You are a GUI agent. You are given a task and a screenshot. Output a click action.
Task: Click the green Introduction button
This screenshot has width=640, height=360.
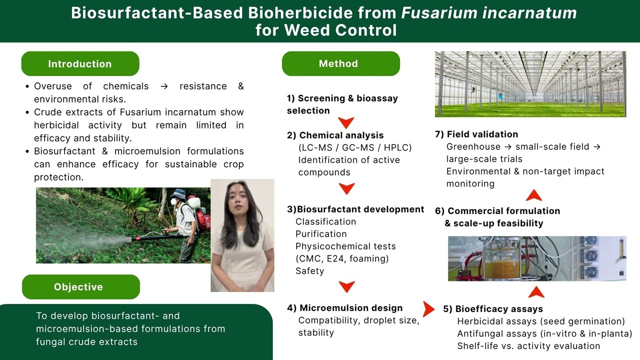point(80,64)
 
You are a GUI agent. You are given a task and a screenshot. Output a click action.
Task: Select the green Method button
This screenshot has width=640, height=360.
point(340,64)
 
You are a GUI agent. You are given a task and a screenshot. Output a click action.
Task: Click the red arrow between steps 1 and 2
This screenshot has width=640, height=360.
point(346,122)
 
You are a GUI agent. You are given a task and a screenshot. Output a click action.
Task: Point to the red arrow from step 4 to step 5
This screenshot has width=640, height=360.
point(428,309)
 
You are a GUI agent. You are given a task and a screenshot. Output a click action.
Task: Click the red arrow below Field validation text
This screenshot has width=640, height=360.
point(534,195)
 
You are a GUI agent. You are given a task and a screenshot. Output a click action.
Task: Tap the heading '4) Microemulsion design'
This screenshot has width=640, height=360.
point(344,308)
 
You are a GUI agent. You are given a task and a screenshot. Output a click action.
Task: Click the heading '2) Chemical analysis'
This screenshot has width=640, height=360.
point(335,135)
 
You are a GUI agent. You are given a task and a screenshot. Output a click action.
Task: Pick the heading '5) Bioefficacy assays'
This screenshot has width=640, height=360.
point(492,309)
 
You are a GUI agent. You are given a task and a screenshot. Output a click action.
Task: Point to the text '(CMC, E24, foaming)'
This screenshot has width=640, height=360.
point(342,258)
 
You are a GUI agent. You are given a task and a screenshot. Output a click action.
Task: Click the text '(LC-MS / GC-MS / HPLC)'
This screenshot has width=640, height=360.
point(355,147)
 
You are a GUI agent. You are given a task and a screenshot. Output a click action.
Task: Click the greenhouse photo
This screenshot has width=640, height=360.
point(530,84)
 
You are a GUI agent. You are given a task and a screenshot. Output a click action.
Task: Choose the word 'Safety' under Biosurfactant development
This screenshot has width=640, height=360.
point(309,271)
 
